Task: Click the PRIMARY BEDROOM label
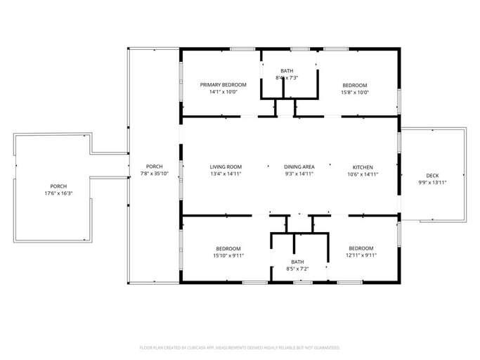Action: click(223, 85)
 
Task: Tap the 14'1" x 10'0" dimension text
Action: click(223, 92)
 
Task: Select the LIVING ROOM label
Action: click(226, 167)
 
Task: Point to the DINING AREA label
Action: click(299, 167)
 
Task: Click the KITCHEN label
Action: click(362, 167)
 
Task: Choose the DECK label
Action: click(432, 175)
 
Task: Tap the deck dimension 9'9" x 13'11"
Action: click(432, 182)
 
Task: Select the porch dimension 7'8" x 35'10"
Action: click(155, 174)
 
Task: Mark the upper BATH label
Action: click(287, 71)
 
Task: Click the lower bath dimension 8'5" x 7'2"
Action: click(297, 269)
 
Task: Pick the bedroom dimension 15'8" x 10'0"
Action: click(354, 92)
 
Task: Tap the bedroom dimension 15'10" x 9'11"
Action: click(228, 255)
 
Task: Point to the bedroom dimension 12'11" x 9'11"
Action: click(361, 255)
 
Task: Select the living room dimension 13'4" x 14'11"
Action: click(226, 174)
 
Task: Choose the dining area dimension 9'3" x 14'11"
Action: click(299, 174)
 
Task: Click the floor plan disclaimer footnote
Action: click(240, 347)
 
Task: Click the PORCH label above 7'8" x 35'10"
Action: click(155, 167)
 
